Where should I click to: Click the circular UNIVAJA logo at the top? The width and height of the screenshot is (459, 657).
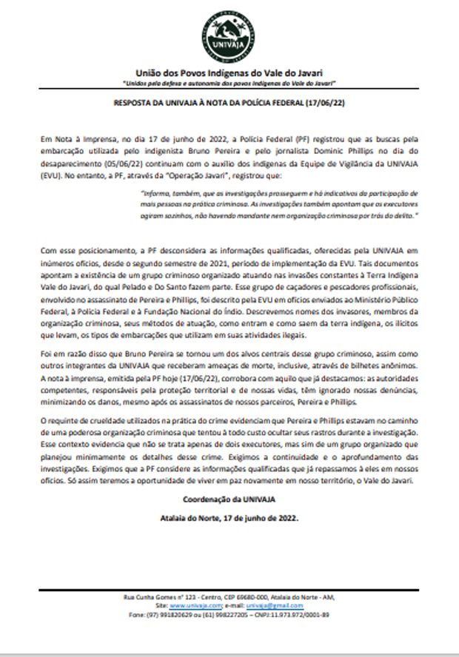[x=229, y=37]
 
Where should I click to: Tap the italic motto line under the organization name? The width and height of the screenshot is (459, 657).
[x=229, y=84]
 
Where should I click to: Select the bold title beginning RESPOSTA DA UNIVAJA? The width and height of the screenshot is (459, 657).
[x=229, y=104]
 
